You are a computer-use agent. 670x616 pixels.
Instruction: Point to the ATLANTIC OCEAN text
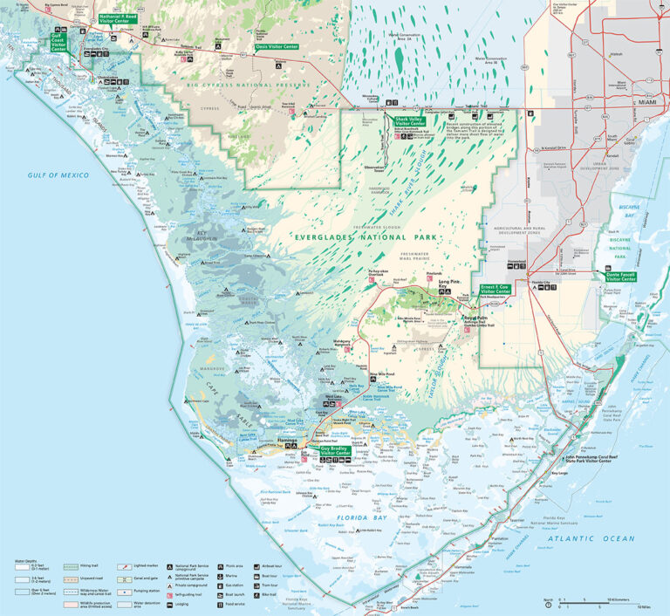coord(600,538)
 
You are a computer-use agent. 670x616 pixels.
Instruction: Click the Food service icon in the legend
coord(231,603)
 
